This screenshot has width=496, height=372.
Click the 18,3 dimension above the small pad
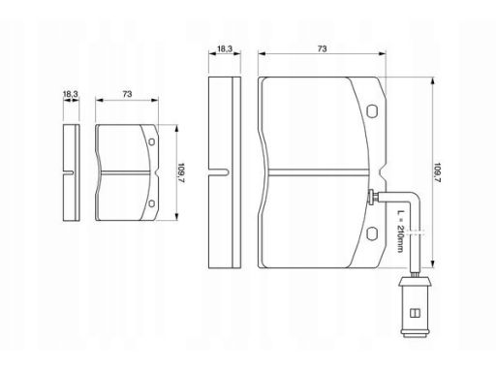[71, 94]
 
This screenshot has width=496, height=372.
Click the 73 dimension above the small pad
[127, 94]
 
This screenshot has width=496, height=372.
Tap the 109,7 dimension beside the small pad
[181, 172]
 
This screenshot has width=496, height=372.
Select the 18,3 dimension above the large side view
[225, 48]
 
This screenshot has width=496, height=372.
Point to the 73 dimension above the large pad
[322, 48]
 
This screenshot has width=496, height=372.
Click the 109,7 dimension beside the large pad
[438, 172]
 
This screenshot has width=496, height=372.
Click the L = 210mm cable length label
[400, 232]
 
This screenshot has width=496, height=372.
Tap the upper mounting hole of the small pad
[151, 141]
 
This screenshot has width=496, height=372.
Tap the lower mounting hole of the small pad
[151, 203]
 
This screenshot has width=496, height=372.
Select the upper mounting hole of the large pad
[372, 110]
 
